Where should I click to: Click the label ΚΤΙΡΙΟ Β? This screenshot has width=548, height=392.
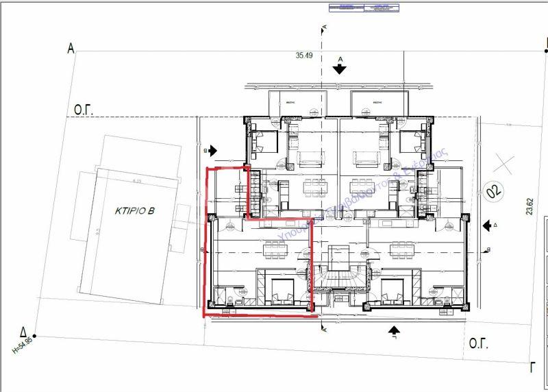point(135,212)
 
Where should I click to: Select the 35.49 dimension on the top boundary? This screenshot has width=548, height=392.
point(304,56)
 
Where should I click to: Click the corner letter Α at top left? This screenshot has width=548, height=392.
point(70,48)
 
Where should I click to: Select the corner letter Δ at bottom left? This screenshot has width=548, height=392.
point(23,328)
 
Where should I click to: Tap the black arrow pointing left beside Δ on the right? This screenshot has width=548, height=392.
point(487,225)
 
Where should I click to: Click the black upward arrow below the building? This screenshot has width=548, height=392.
point(394,332)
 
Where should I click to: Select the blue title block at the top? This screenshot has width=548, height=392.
point(364,8)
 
